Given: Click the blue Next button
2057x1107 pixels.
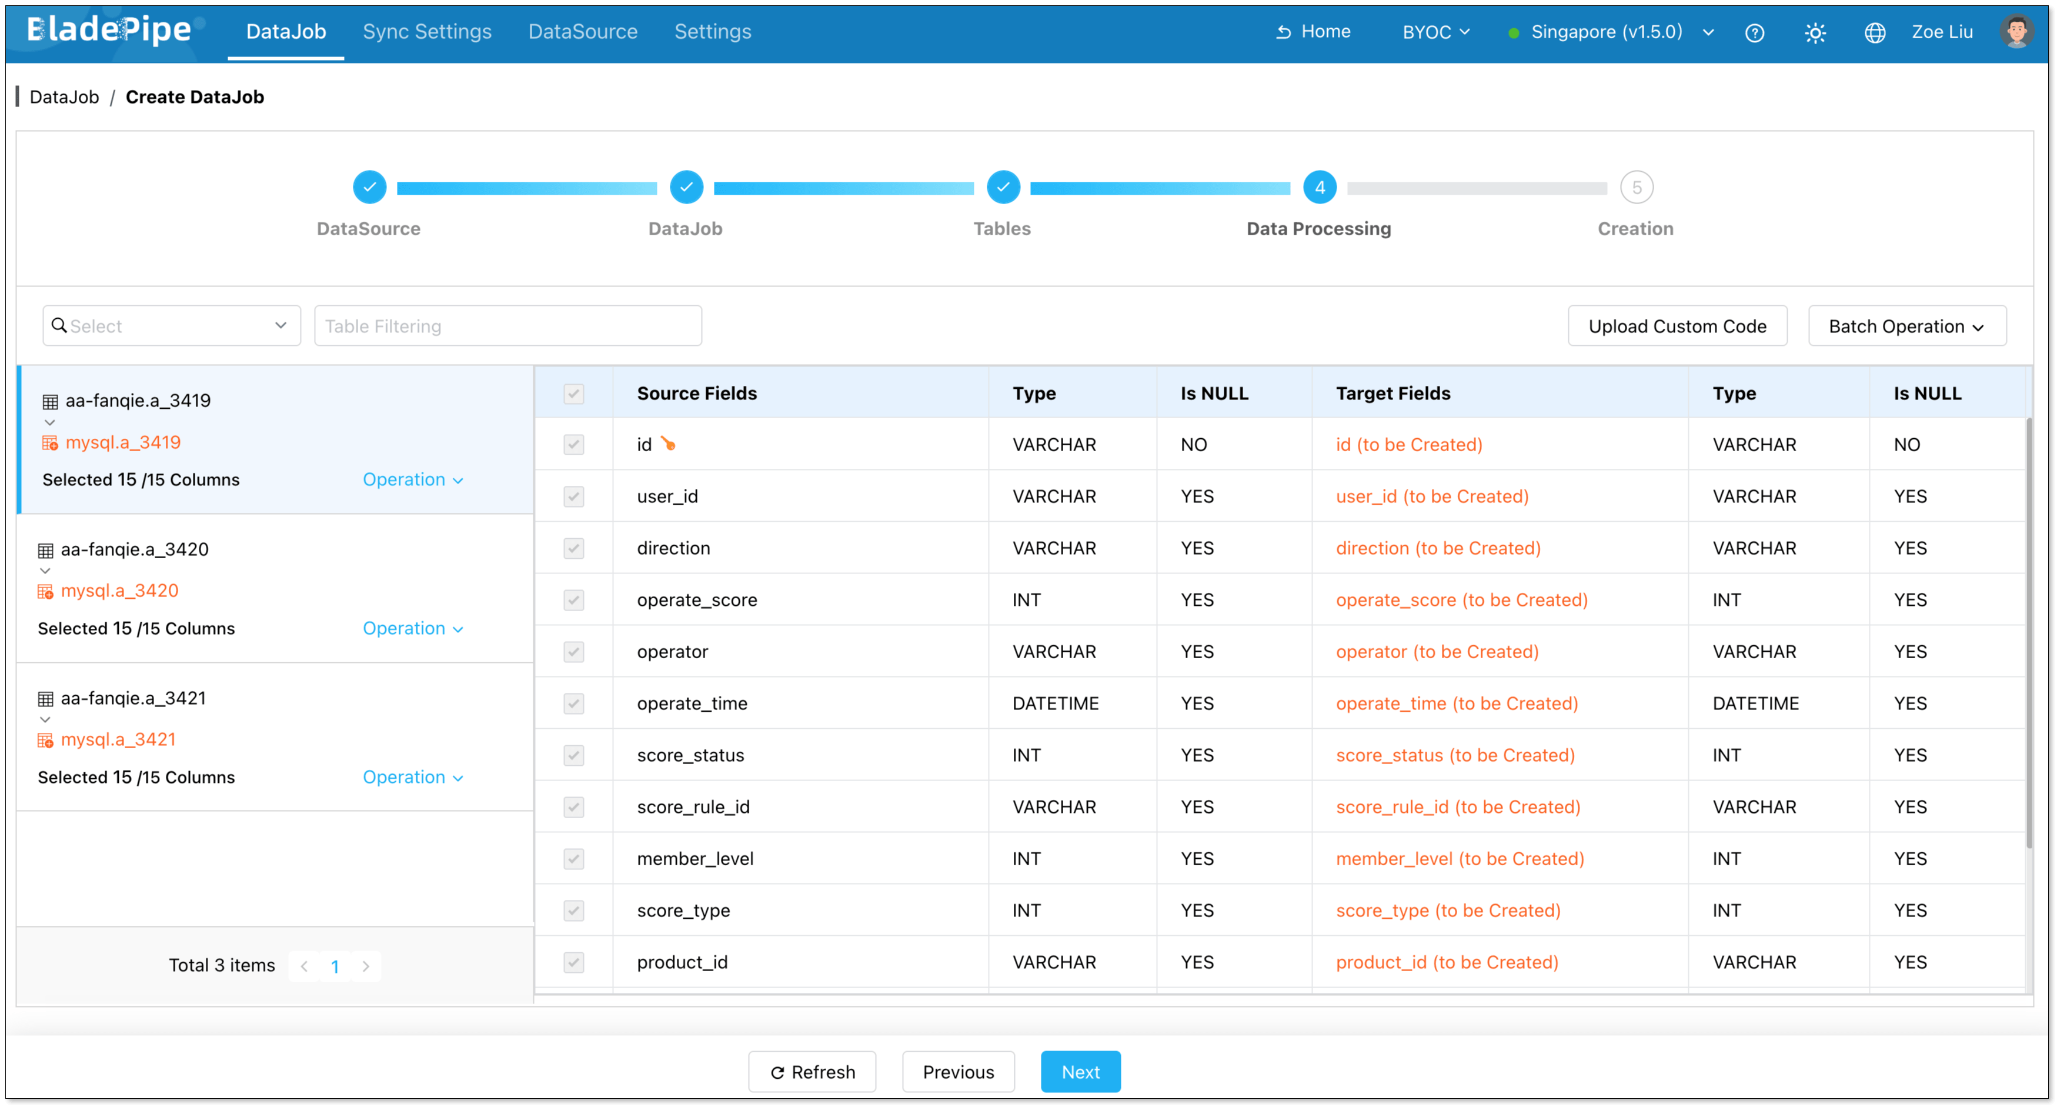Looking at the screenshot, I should (x=1080, y=1072).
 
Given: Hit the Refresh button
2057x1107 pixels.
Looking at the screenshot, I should (x=812, y=1072).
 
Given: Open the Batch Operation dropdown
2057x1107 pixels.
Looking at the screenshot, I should (x=1906, y=326).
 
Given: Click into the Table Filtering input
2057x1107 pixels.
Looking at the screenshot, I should (x=508, y=326).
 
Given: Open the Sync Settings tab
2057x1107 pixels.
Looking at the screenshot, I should (x=427, y=32).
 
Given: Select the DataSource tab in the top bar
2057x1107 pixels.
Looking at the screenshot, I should (x=583, y=32).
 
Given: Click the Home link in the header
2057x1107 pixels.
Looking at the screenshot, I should (x=1314, y=32).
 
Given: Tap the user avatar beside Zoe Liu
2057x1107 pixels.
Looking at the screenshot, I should (x=2016, y=32).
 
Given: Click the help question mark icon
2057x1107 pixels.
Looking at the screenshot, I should (x=1754, y=33).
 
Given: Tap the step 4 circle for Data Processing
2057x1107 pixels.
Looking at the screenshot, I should (x=1319, y=188).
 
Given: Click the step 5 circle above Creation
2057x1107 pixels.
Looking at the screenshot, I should (x=1636, y=188).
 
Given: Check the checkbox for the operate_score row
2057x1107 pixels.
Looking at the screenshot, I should (x=573, y=600).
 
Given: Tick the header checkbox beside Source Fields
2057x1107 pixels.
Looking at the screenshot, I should (x=573, y=394).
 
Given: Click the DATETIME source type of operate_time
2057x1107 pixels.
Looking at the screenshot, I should (x=1055, y=703).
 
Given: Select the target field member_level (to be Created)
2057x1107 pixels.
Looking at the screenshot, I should (x=1460, y=859).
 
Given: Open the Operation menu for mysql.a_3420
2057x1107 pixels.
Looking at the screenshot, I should (x=412, y=629).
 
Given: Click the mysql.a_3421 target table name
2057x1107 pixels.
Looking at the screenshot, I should (x=118, y=739).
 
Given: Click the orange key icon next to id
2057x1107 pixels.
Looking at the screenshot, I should (x=669, y=444).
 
